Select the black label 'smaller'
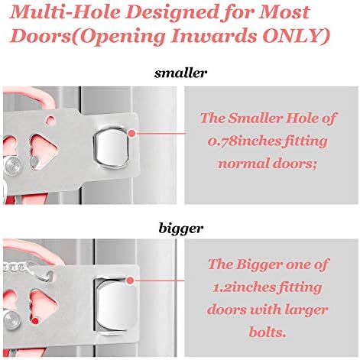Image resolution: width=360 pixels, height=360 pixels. pyautogui.click(x=180, y=73)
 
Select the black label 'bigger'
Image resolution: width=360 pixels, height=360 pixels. pyautogui.click(x=181, y=229)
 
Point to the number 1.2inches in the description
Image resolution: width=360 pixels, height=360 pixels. pyautogui.click(x=244, y=288)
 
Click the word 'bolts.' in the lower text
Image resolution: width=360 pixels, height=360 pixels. pyautogui.click(x=268, y=332)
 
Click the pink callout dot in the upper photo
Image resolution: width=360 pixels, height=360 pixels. pyautogui.click(x=132, y=133)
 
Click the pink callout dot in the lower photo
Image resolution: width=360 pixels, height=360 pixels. pyautogui.click(x=130, y=281)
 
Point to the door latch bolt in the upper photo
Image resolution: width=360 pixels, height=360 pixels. pyautogui.click(x=111, y=148)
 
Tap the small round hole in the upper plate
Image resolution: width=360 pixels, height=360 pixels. pyautogui.click(x=50, y=120)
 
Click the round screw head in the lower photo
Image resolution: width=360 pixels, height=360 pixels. pyautogui.click(x=12, y=319)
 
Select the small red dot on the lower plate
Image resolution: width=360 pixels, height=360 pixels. pyautogui.click(x=35, y=320)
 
